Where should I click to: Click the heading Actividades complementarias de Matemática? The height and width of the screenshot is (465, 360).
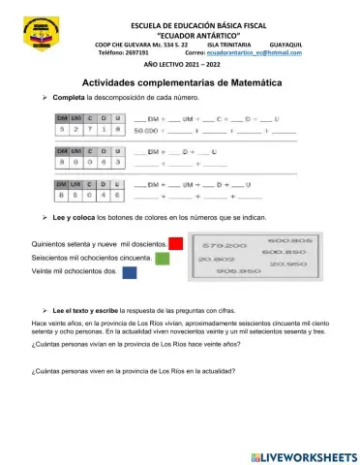click(x=179, y=83)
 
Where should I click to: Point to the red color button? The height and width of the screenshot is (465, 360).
click(x=176, y=243)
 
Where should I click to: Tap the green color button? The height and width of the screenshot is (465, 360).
click(x=163, y=259)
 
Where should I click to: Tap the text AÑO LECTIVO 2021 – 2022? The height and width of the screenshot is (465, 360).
click(x=179, y=63)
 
